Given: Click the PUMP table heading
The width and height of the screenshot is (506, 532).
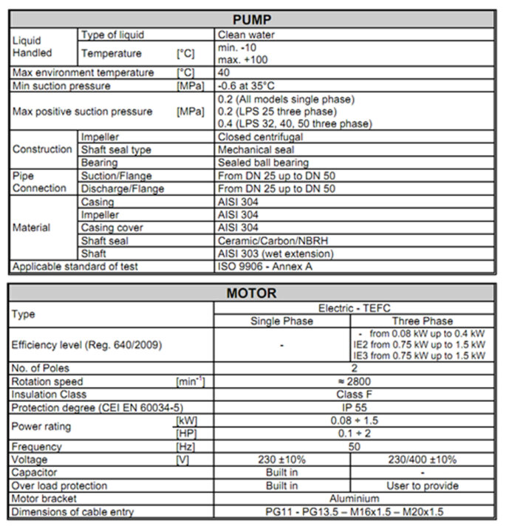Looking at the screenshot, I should pos(252,19).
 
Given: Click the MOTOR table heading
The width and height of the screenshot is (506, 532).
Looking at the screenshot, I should pos(252,293).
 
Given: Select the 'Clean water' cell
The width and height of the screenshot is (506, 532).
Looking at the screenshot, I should pos(247,34).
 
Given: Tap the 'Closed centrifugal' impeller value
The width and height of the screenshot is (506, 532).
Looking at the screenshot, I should pos(261,137).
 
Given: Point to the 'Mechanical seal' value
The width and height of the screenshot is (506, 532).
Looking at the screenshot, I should pos(256,149).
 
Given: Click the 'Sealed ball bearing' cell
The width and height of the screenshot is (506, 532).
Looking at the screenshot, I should pos(263,163).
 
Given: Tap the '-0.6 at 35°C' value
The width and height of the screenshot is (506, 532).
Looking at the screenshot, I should pos(250,86).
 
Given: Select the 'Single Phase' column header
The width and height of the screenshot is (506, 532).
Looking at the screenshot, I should pos(282,321).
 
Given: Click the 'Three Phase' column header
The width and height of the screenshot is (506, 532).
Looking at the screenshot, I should pos(422,321).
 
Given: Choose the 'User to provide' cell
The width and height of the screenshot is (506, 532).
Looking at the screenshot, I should pos(422,485).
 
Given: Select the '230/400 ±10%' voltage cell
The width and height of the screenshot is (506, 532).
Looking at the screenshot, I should pos(422,460).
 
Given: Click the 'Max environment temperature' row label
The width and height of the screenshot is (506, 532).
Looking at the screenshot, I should pos(83,72).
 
